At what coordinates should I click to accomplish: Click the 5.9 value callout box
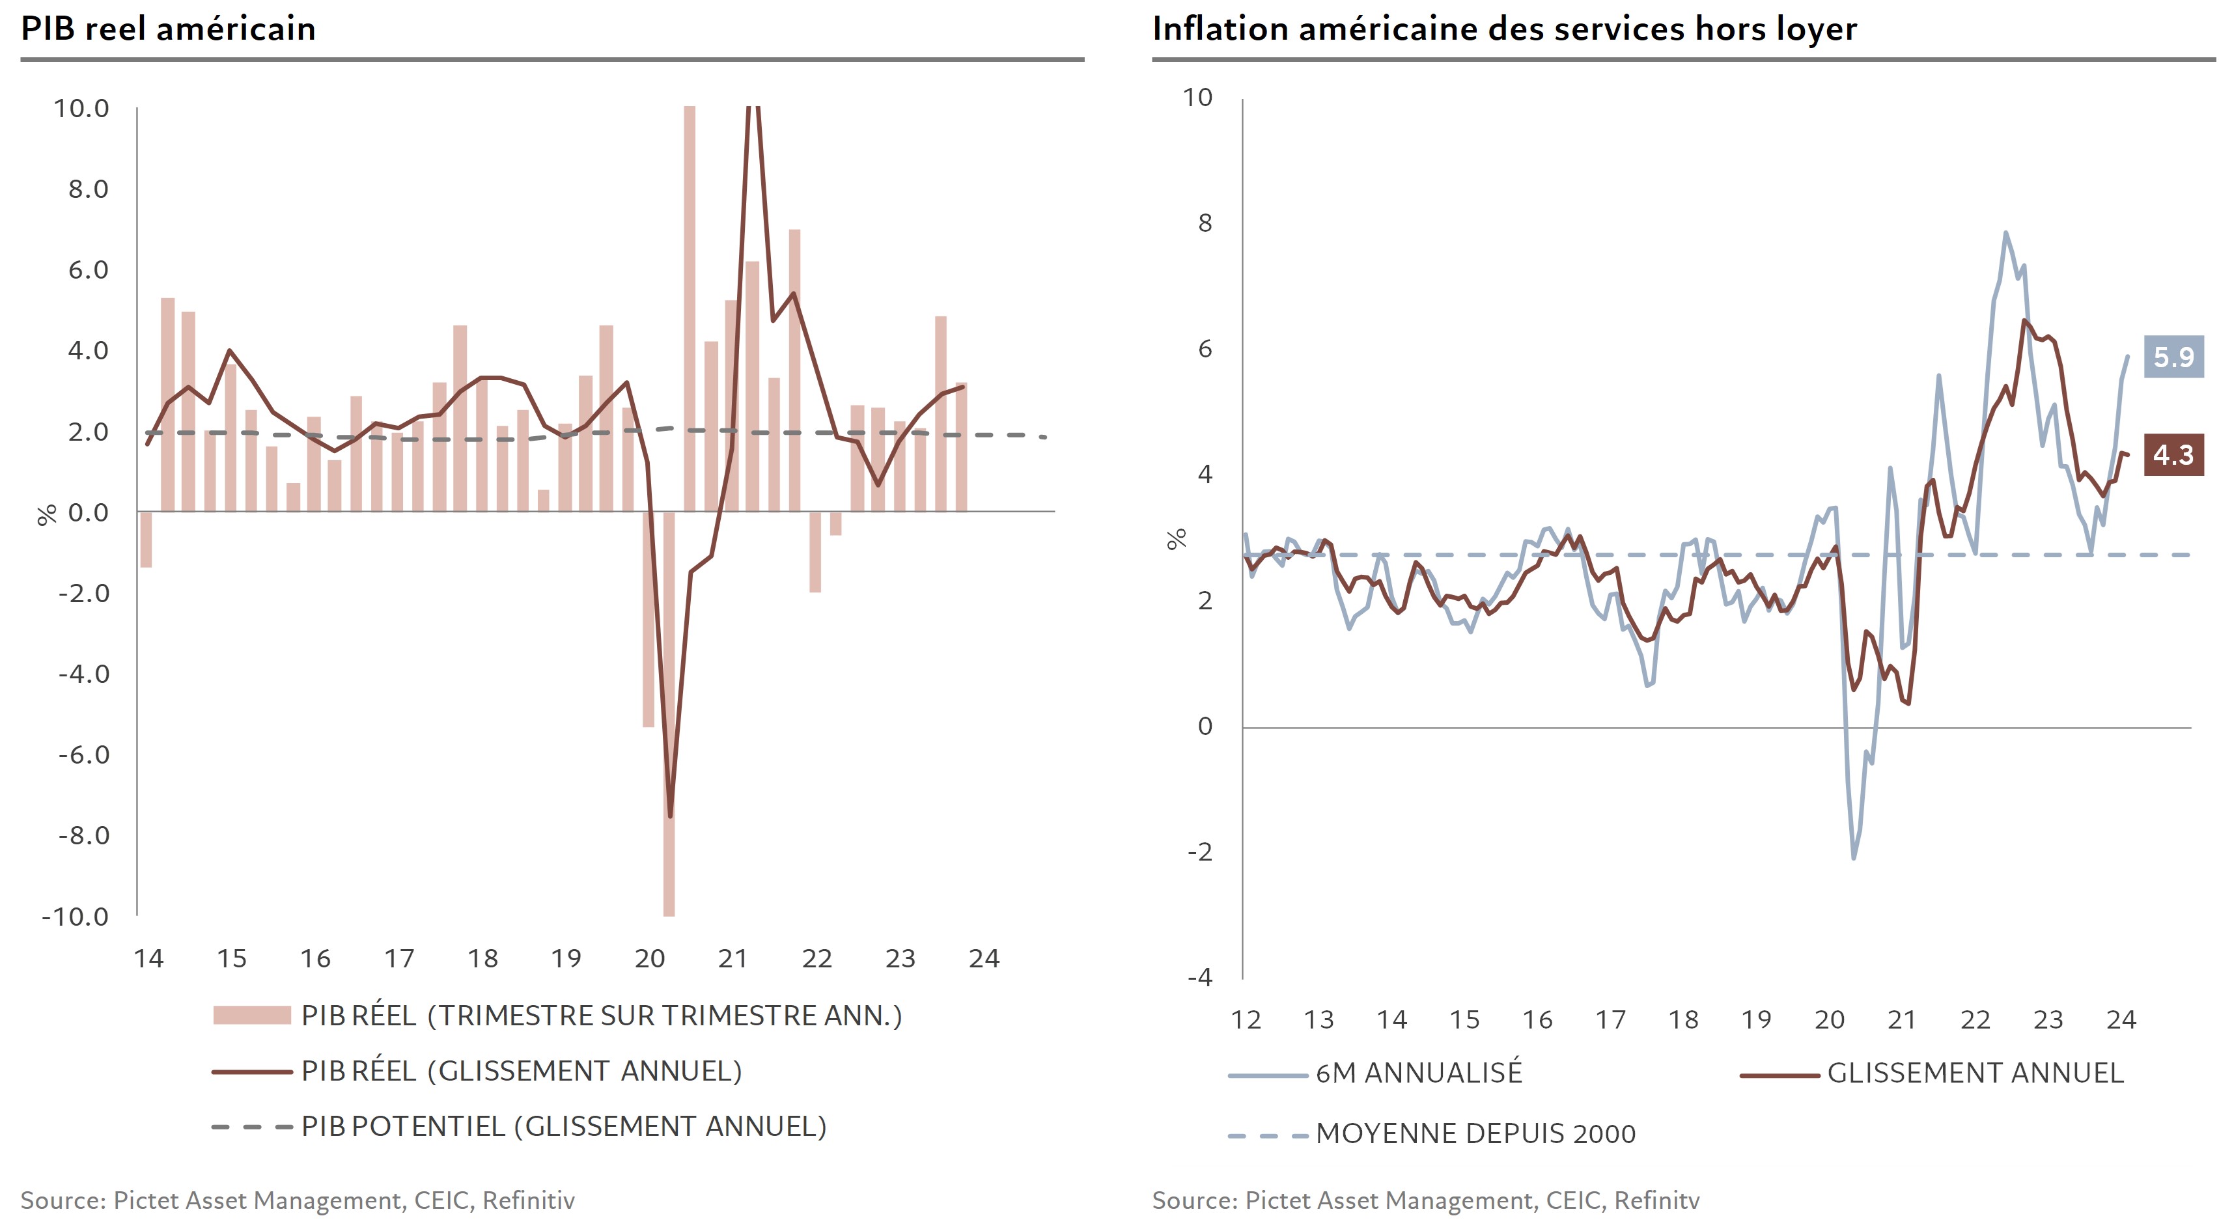[2173, 357]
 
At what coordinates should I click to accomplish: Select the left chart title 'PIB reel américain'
[168, 29]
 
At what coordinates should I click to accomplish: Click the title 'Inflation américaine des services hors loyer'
[1504, 29]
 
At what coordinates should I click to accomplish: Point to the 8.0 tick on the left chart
[88, 189]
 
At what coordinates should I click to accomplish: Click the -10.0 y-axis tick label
[76, 917]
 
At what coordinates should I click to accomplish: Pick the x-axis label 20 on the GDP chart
[650, 959]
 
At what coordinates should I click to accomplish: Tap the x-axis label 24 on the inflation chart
[2121, 1020]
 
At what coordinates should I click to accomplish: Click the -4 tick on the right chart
[1199, 978]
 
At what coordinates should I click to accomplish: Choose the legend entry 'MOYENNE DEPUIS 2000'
[1475, 1133]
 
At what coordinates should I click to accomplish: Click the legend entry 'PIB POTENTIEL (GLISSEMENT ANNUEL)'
[563, 1127]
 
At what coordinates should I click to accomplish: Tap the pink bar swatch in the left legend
[251, 1016]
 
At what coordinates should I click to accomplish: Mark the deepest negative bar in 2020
[669, 715]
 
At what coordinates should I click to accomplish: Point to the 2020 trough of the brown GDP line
[670, 815]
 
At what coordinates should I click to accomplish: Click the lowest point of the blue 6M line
[1854, 858]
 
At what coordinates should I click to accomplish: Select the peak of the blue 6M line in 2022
[2005, 232]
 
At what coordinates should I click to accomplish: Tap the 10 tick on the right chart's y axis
[1197, 98]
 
